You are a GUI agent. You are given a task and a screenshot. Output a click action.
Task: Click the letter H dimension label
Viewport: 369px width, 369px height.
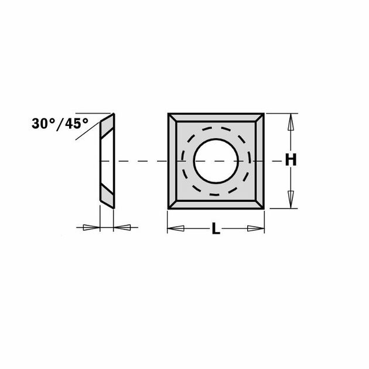[x=289, y=160]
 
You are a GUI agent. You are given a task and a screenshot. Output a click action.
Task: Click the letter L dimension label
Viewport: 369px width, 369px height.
[x=216, y=230]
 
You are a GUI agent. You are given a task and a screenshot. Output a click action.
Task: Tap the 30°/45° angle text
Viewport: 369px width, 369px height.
[x=60, y=124]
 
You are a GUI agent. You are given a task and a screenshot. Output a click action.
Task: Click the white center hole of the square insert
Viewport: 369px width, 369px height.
[x=216, y=160]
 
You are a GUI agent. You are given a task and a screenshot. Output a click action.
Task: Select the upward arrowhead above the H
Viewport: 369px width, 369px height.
[x=289, y=124]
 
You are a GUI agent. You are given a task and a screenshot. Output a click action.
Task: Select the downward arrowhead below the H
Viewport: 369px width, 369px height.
[x=289, y=197]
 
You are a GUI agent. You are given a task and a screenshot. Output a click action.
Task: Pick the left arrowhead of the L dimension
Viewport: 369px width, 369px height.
[x=176, y=228]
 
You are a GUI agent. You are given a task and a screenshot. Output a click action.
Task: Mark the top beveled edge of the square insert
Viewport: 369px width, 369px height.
[x=216, y=118]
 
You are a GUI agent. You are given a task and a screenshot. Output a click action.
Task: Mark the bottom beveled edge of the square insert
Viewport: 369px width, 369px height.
[x=216, y=204]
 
